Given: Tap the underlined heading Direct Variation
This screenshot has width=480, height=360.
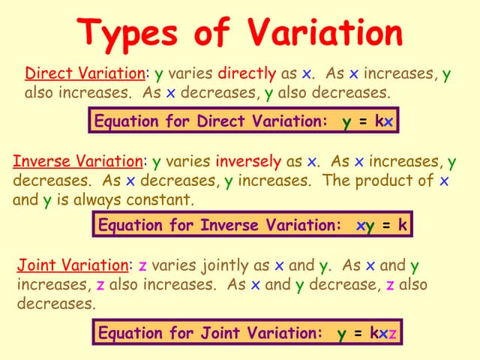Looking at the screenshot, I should point(85,73).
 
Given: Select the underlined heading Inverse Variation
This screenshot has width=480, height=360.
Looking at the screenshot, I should point(77,161).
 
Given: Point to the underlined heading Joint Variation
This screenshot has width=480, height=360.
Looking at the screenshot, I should point(73,265).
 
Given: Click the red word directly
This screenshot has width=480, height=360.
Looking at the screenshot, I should point(247,73).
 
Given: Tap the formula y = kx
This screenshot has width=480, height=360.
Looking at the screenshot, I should point(367,121).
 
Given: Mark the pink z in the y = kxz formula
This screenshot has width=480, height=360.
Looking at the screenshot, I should point(392,333).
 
